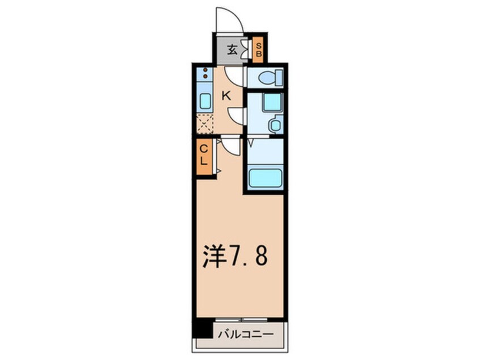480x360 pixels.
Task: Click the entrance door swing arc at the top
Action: [x=229, y=20]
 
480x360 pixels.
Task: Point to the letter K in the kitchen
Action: [x=225, y=96]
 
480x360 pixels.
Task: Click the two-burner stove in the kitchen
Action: [x=204, y=76]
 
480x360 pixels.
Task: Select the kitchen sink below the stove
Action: [x=204, y=101]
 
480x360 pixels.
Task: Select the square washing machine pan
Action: [x=271, y=102]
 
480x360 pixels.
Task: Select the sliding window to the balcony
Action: [x=241, y=320]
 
